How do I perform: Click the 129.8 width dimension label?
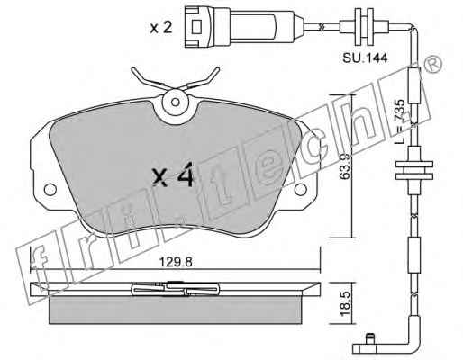click(176, 262)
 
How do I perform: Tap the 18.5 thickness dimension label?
click(345, 303)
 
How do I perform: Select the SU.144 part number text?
click(365, 58)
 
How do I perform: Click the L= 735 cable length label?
click(400, 121)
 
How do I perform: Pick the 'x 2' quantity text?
click(161, 28)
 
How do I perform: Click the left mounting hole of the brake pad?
click(50, 189)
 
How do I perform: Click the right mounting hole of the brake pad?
click(300, 189)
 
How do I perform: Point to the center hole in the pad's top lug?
click(176, 102)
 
